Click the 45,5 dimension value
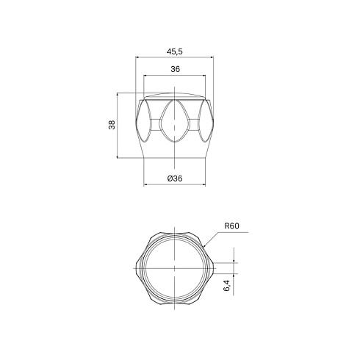coord(175,51)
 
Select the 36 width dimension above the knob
coord(175,69)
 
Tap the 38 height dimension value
coord(112,125)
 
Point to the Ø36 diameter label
coord(175,179)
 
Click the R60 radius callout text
coord(231,226)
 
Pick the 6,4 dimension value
coord(227,286)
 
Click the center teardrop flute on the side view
coord(174,121)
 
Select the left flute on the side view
coord(144,121)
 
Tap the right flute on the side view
coord(205,121)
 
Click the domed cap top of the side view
coord(174,96)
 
